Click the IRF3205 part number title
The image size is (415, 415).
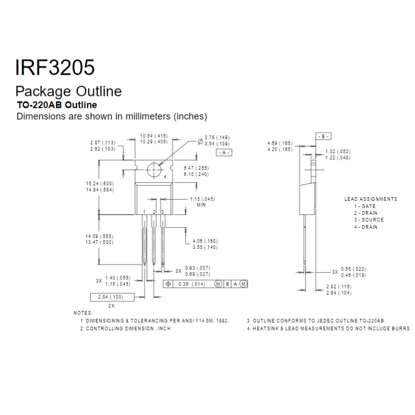pyautogui.click(x=55, y=67)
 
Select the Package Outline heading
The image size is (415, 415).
pyautogui.click(x=68, y=92)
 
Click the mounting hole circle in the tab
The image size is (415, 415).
pyautogui.click(x=154, y=170)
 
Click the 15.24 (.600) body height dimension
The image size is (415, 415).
pyautogui.click(x=100, y=184)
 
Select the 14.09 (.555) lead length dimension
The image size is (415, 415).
pyautogui.click(x=100, y=236)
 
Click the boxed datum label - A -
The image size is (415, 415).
pyautogui.click(x=223, y=153)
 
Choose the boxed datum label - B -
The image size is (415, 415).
pyautogui.click(x=323, y=136)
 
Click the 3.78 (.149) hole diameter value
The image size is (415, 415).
pyautogui.click(x=217, y=137)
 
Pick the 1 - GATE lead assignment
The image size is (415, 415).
pyautogui.click(x=365, y=206)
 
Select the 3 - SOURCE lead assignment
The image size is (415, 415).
pyautogui.click(x=369, y=220)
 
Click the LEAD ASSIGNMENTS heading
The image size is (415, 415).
pyautogui.click(x=371, y=199)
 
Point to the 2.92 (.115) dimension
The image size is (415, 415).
pyautogui.click(x=339, y=286)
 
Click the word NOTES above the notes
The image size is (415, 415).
pyautogui.click(x=83, y=313)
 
